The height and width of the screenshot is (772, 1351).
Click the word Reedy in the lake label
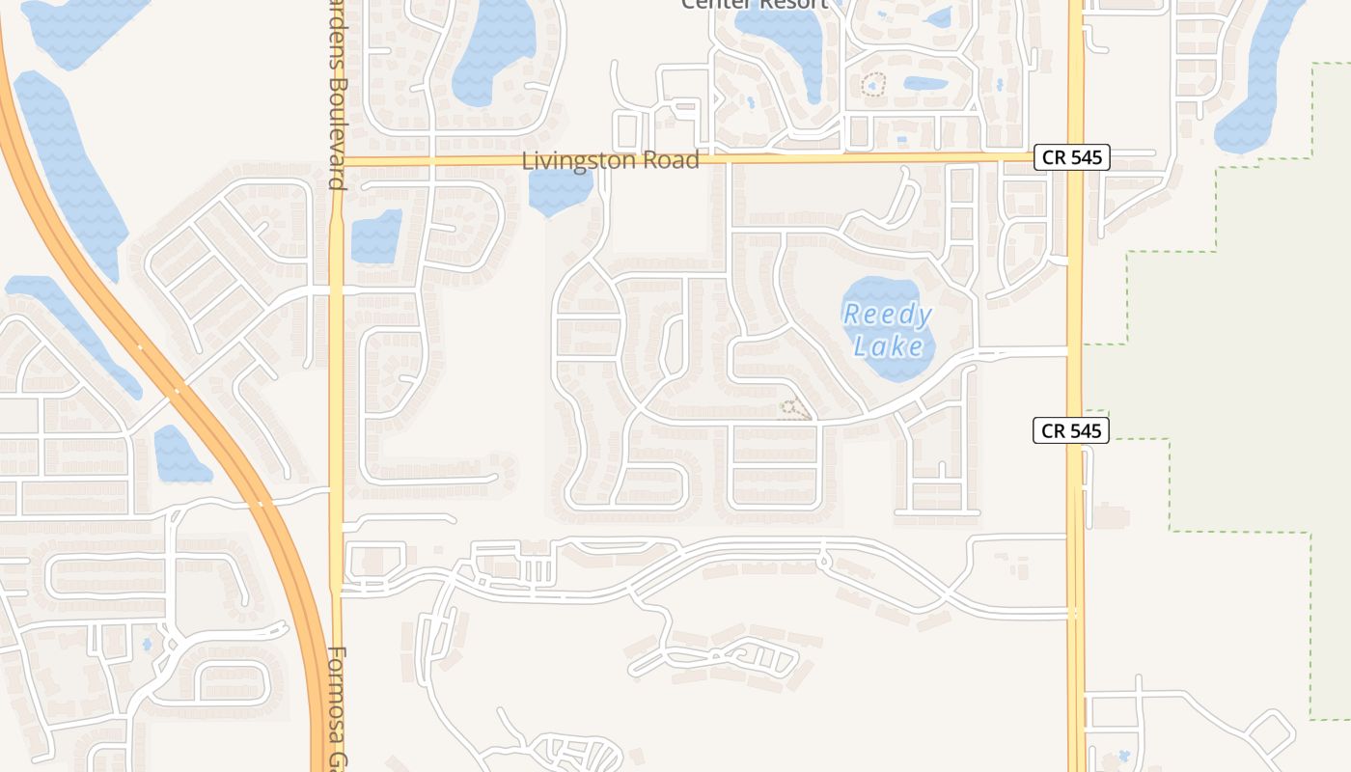point(887,315)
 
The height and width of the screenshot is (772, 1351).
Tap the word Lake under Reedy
point(888,345)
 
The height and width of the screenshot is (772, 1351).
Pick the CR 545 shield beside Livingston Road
point(1071,157)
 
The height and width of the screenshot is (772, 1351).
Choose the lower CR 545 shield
point(1071,430)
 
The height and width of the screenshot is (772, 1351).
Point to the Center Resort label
point(754,4)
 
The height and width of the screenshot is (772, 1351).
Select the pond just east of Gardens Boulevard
point(376,236)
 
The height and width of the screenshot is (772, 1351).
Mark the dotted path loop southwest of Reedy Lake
point(793,410)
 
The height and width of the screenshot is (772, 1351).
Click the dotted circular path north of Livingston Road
point(873,85)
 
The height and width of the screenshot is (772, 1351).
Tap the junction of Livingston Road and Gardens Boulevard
point(337,160)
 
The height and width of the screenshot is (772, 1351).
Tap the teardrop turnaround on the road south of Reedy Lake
point(823,559)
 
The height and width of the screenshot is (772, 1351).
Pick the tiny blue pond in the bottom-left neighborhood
point(147,644)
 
